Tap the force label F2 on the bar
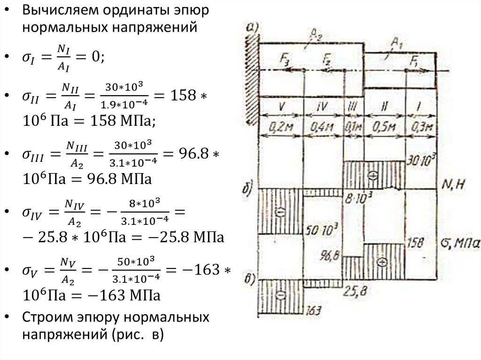pos(327,60)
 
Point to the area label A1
pos(397,44)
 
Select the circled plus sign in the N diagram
pos(373,175)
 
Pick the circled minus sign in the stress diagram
pos(280,295)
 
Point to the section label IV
pos(322,107)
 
